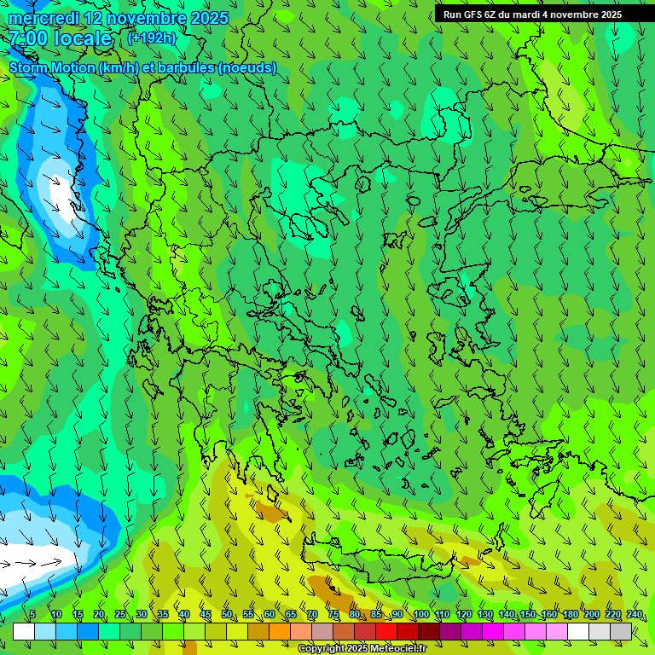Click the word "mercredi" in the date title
[43, 18]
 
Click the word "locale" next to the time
[82, 39]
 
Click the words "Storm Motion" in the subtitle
[52, 68]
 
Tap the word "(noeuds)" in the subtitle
[247, 68]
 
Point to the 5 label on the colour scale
[32, 614]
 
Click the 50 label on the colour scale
[227, 614]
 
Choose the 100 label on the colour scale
[420, 614]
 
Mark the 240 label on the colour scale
[635, 614]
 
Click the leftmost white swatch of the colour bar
[24, 631]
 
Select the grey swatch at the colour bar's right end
[621, 631]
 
